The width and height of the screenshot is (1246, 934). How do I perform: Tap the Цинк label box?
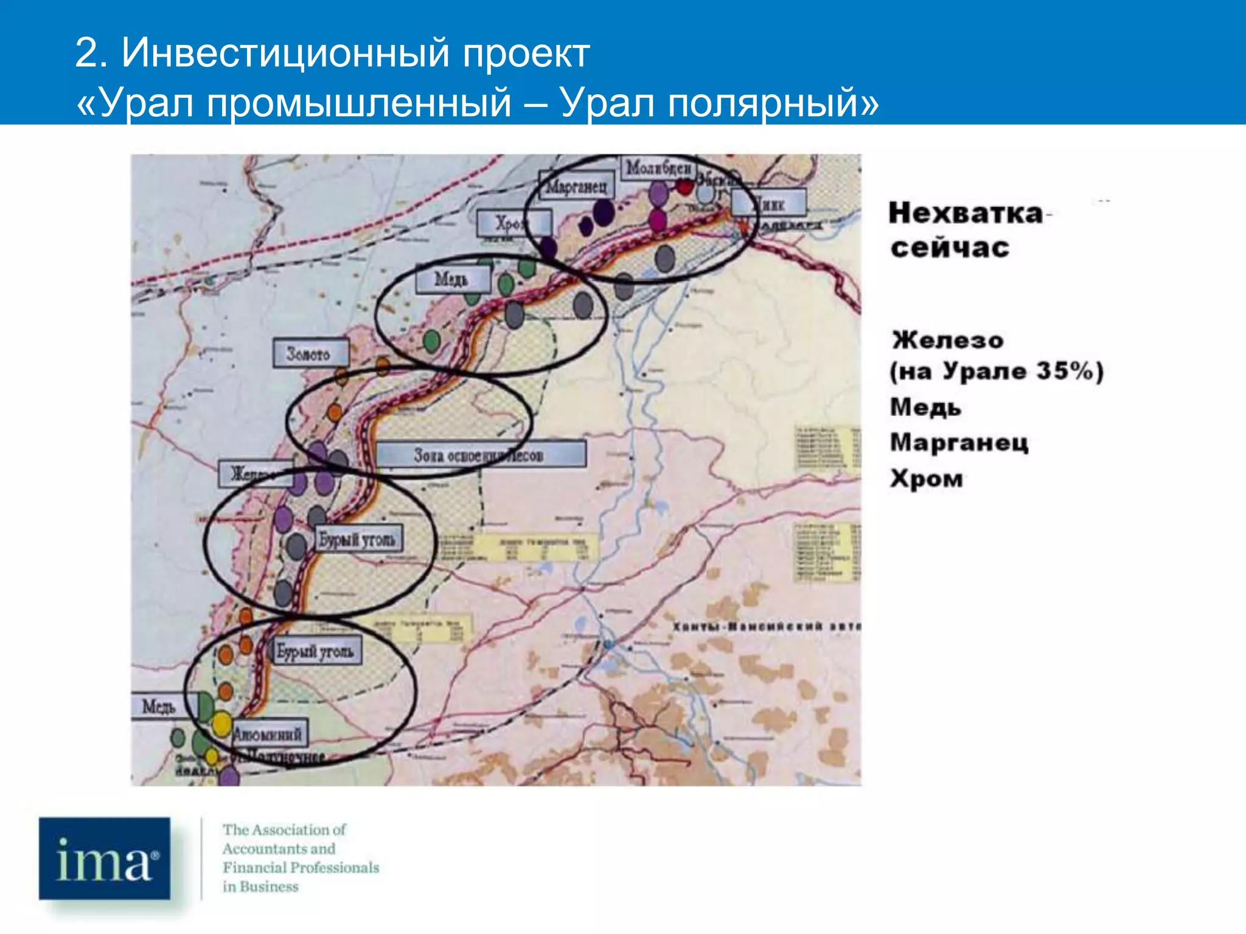(770, 203)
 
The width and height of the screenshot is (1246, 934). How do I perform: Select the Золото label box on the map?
(310, 353)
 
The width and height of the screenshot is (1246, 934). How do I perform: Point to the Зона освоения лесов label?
(480, 455)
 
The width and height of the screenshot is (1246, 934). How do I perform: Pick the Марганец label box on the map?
(576, 186)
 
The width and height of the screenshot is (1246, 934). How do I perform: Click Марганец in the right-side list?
(959, 443)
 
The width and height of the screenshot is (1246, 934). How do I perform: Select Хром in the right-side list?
(926, 479)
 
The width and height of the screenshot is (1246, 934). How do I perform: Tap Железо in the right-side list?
(947, 340)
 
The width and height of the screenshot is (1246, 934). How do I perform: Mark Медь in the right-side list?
(925, 407)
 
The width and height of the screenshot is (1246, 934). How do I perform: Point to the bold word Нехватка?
(966, 213)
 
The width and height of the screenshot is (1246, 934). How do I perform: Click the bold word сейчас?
(950, 248)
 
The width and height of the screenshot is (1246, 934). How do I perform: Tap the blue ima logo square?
(105, 858)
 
